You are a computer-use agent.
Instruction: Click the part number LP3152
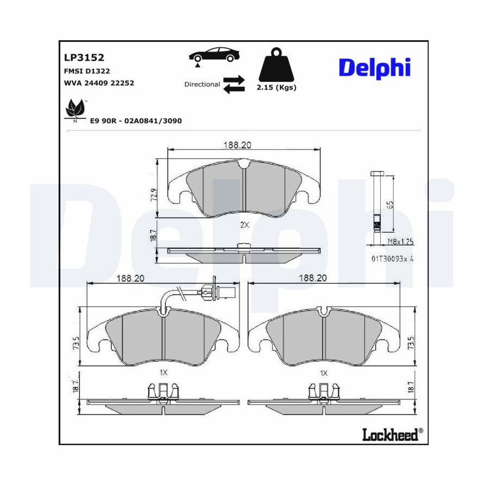click(x=84, y=57)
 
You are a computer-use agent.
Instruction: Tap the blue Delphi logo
click(x=375, y=68)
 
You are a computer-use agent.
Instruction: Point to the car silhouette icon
click(x=215, y=55)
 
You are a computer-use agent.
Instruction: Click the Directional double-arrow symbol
click(x=234, y=85)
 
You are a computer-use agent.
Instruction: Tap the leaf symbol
click(x=75, y=109)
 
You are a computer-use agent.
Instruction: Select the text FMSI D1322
click(x=87, y=71)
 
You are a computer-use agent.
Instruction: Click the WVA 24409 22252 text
click(x=99, y=83)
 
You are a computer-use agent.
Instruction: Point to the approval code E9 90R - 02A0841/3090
click(x=136, y=121)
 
